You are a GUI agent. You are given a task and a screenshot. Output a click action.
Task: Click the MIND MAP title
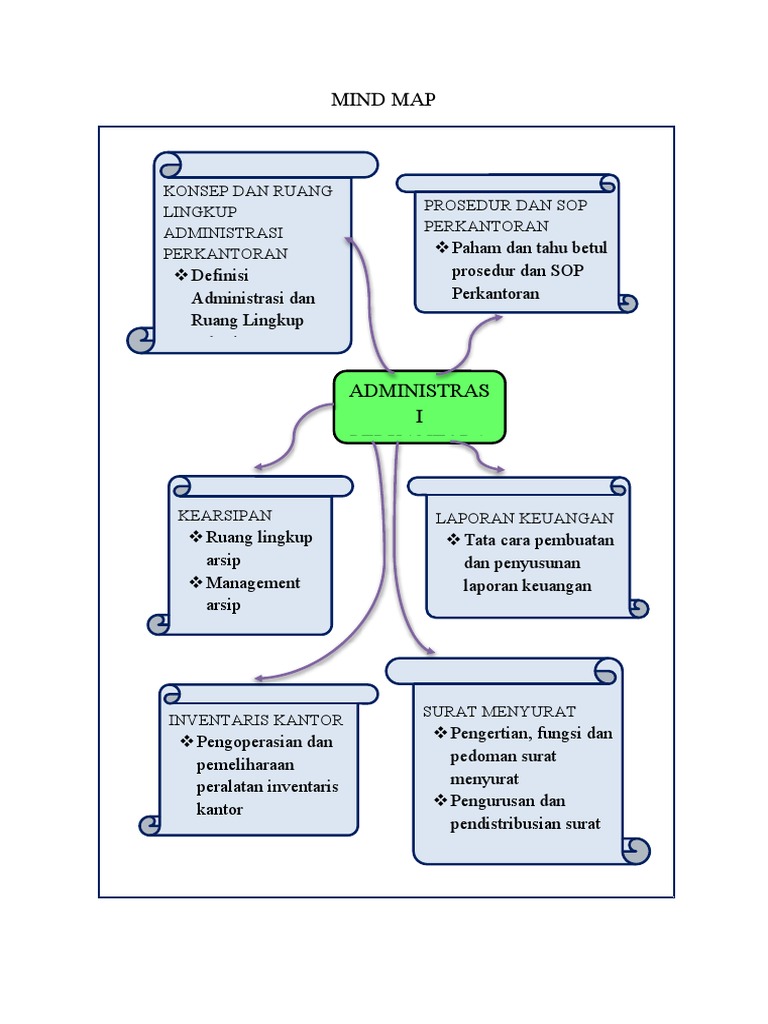coord(383,100)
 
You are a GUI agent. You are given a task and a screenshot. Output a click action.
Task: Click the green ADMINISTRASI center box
coord(419,405)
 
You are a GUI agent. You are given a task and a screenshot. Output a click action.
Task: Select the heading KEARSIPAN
coord(225,515)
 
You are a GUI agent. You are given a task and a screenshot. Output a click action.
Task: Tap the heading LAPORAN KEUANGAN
coord(524,518)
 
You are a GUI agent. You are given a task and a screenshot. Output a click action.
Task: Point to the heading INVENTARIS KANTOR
coord(256,720)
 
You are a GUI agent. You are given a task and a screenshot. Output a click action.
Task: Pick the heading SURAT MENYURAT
coord(499,711)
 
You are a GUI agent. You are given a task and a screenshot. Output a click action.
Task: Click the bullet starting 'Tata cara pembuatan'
coord(536,563)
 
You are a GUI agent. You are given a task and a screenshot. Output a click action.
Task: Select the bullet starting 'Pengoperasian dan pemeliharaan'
coord(265,775)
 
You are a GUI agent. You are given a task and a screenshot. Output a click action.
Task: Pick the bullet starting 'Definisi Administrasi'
coord(250,298)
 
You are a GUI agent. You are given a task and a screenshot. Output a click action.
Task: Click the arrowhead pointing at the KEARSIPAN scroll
coord(259,466)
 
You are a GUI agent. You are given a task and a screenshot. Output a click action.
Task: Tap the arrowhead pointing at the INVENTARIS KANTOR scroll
coord(259,678)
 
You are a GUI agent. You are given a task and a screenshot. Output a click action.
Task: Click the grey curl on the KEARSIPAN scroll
coord(159,624)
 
